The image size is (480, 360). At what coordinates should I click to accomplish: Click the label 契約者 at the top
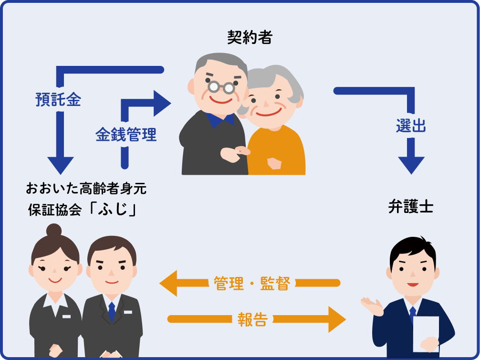point(250,37)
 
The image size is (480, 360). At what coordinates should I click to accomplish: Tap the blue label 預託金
point(58,100)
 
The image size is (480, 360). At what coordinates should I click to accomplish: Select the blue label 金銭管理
point(125,135)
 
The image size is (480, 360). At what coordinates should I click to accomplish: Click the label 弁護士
point(411,207)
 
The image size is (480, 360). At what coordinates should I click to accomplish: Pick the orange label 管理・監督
point(252,283)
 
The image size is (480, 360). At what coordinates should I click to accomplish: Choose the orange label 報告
point(252,319)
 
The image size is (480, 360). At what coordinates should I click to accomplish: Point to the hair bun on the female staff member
point(54,231)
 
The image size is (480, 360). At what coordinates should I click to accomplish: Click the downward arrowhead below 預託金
point(60,165)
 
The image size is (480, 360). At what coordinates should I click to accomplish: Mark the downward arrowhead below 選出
point(411,165)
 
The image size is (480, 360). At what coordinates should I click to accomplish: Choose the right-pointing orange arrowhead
point(336,319)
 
